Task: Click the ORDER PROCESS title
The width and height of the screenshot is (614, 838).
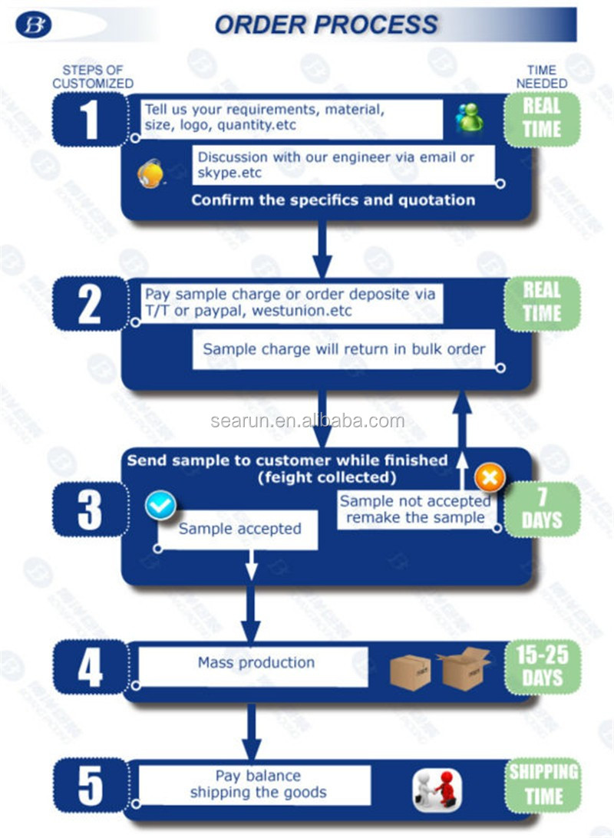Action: pyautogui.click(x=326, y=24)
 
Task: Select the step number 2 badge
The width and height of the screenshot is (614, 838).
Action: pyautogui.click(x=90, y=304)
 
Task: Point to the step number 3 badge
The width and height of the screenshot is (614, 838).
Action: pyautogui.click(x=90, y=510)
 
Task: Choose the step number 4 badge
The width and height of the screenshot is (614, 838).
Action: pyautogui.click(x=90, y=668)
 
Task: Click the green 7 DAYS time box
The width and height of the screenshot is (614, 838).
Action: pyautogui.click(x=542, y=509)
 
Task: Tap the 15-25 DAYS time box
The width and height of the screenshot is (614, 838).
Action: pyautogui.click(x=542, y=666)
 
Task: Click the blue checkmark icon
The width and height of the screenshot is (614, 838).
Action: pyautogui.click(x=160, y=505)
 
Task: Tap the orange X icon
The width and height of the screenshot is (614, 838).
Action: pyautogui.click(x=490, y=478)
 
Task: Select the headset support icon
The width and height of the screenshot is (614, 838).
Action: pyautogui.click(x=150, y=173)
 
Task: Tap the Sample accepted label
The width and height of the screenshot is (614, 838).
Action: pyautogui.click(x=239, y=529)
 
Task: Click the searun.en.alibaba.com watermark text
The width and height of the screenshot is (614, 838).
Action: pyautogui.click(x=307, y=421)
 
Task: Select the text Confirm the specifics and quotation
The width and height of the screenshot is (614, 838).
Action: pyautogui.click(x=333, y=200)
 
